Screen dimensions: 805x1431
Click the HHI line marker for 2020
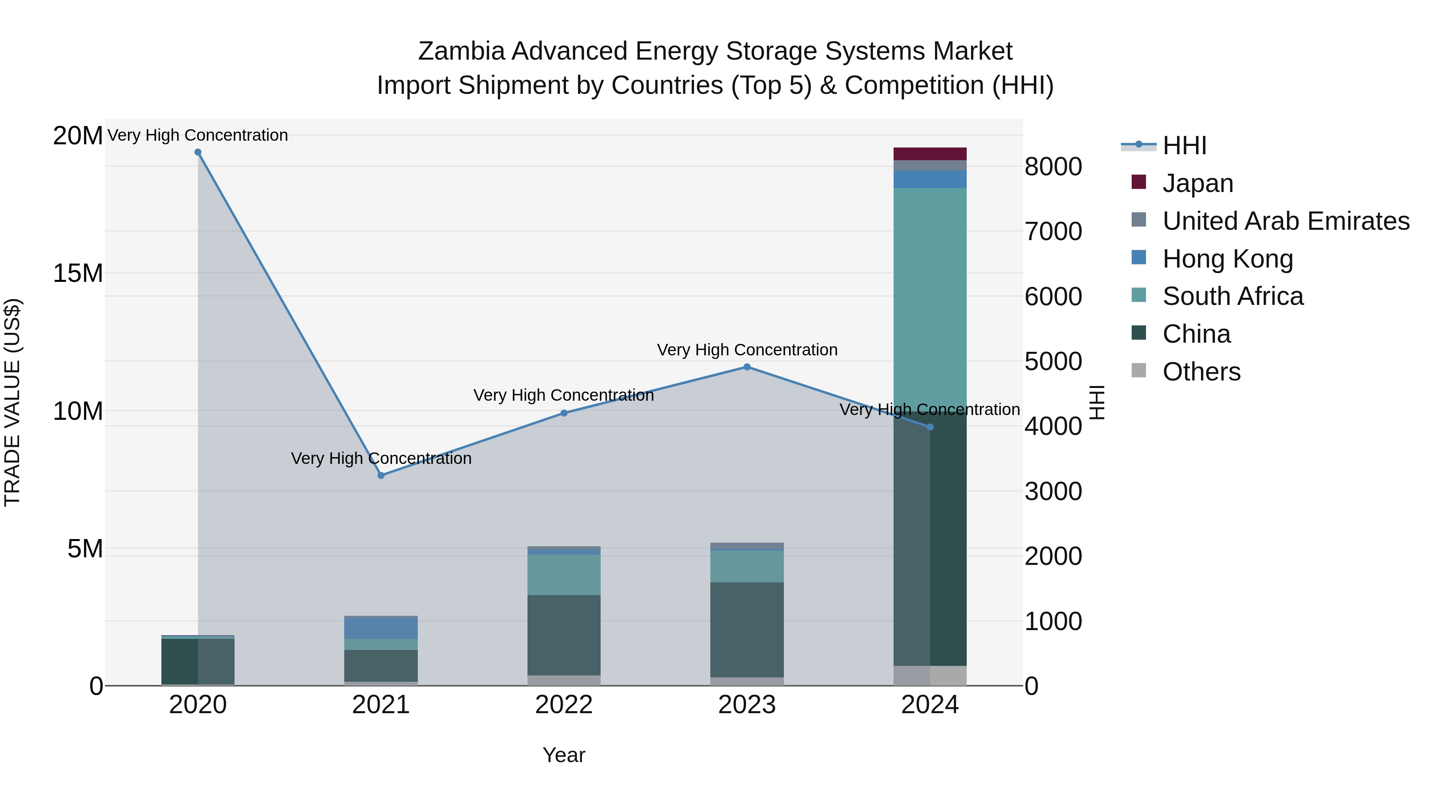point(198,152)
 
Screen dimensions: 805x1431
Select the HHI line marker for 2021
point(381,475)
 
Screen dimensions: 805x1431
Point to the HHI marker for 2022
point(564,413)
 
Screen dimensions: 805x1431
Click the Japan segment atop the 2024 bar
point(930,154)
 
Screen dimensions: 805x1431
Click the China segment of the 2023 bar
point(747,630)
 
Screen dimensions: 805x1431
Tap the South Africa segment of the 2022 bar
point(564,575)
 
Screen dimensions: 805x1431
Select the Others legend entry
point(1201,372)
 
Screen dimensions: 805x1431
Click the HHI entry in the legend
point(1184,145)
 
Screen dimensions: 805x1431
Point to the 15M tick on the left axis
point(78,274)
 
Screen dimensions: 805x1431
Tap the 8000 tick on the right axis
point(1053,167)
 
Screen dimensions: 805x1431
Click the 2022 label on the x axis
point(564,705)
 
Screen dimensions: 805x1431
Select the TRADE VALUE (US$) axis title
point(12,403)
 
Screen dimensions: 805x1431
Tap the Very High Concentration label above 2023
point(747,350)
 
